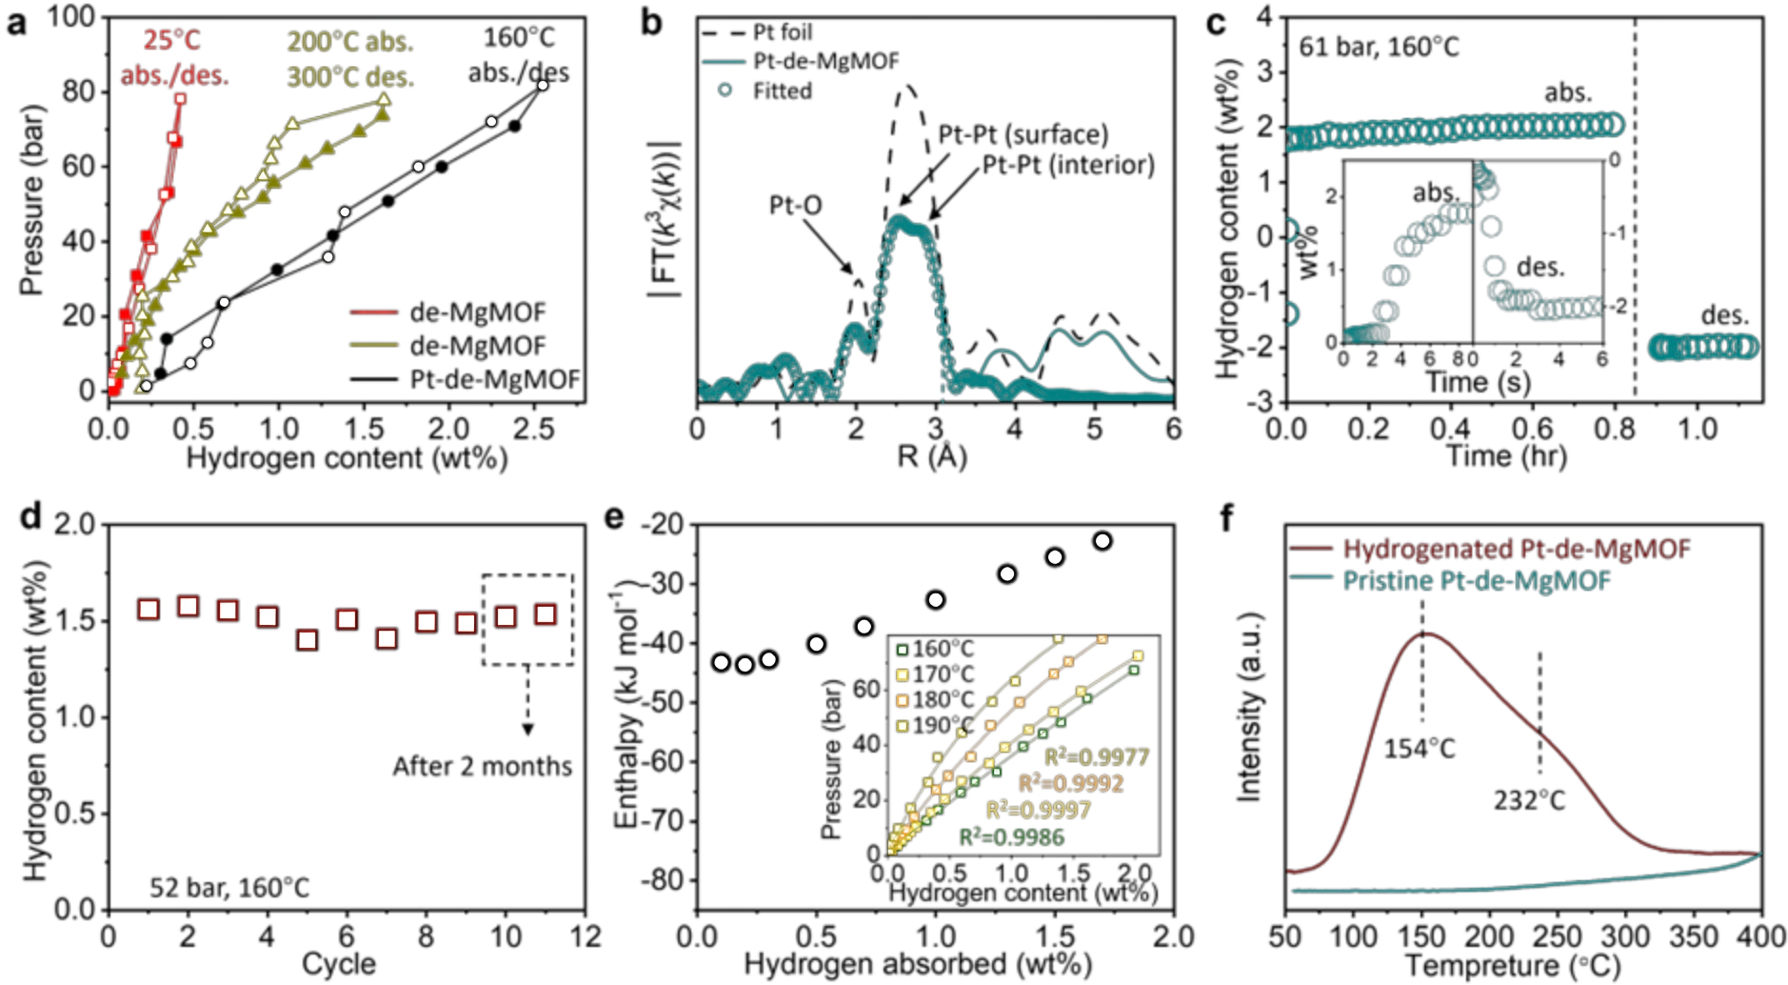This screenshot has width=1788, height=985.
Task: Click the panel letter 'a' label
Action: pos(16,24)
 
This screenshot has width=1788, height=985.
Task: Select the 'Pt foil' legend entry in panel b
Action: pos(782,32)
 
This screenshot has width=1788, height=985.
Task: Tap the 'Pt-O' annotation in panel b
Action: pos(795,206)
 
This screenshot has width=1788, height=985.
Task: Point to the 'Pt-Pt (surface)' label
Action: pos(1023,134)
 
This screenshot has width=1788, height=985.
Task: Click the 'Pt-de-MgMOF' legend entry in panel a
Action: pos(494,379)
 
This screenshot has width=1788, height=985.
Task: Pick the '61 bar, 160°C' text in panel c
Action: pos(1378,47)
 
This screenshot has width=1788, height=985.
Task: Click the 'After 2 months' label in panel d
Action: pos(482,767)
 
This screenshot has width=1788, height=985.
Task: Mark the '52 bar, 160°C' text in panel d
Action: pos(228,888)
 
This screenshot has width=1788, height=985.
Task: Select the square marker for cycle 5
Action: pos(307,640)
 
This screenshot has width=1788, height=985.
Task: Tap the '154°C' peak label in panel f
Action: pos(1419,749)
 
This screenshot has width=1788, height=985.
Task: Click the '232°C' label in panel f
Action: pos(1528,800)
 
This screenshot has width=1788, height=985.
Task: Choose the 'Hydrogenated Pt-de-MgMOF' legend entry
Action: pos(1516,549)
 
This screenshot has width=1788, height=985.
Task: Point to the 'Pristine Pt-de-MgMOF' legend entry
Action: pos(1476,580)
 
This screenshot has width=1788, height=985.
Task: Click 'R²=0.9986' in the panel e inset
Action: pos(1010,837)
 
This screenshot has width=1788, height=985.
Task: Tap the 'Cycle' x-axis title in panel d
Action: pos(338,964)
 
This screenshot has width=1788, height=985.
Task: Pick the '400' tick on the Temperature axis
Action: pos(1760,937)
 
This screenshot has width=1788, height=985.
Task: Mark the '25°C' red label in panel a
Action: pos(172,41)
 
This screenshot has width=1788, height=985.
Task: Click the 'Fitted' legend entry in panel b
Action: pos(782,91)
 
